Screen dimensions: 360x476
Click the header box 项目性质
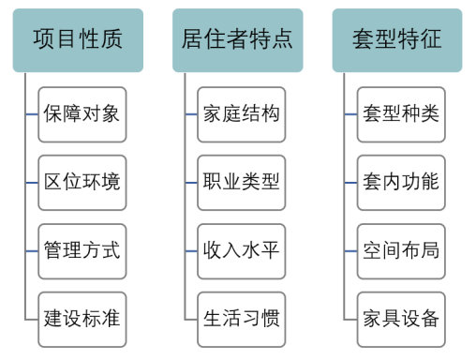point(78,39)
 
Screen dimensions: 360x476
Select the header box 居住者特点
point(237,39)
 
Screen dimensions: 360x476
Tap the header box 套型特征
point(397,39)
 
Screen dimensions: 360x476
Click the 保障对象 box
point(82,114)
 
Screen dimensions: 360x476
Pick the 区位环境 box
point(82,182)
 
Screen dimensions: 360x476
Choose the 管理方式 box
point(82,250)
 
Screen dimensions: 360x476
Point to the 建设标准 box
point(82,318)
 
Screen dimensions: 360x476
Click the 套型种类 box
point(401,114)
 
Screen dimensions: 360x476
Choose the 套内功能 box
point(401,182)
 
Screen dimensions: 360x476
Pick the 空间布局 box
point(401,250)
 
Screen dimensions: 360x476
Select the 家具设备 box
point(401,318)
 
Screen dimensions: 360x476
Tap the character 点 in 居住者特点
point(282,39)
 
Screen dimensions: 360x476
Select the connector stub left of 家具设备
point(351,319)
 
